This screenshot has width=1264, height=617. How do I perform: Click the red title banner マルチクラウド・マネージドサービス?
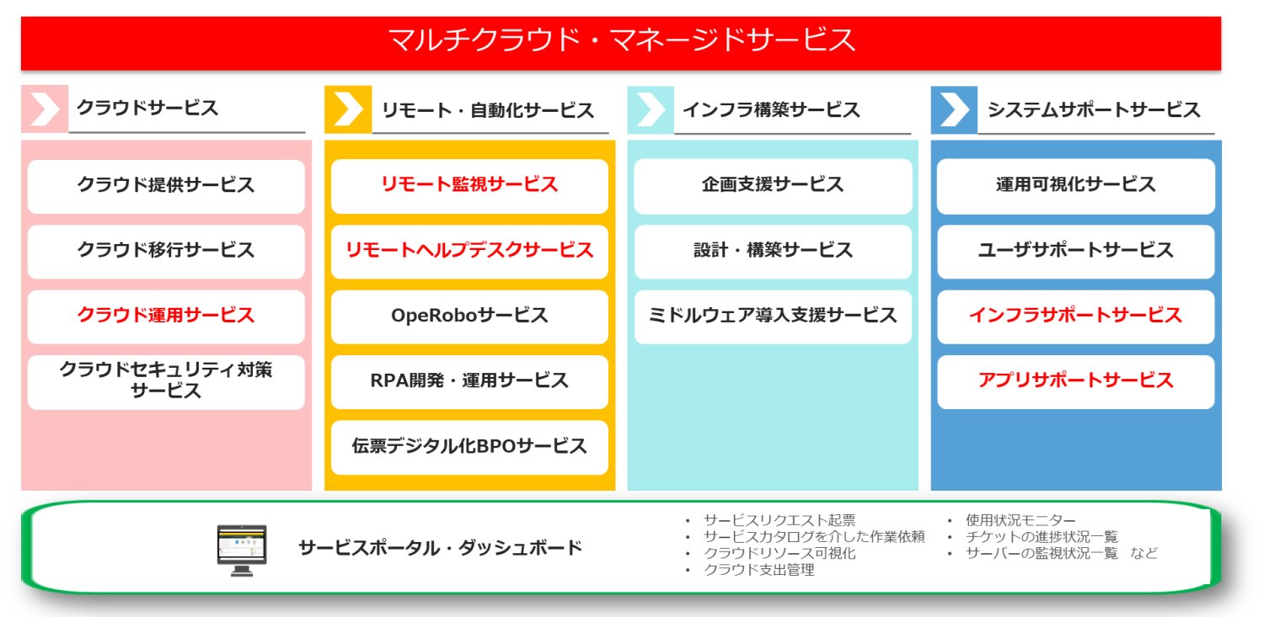point(621,43)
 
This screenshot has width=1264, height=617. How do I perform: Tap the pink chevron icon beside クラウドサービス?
point(45,109)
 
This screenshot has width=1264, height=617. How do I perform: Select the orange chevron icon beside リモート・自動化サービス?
point(348,109)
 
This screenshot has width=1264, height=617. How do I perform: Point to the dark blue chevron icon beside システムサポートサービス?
point(954,109)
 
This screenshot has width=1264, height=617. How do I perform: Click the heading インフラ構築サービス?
point(771,110)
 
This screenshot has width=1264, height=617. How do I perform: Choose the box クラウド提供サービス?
point(166,186)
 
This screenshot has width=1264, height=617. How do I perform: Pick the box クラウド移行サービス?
point(166,252)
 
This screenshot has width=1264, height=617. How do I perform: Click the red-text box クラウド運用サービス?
point(166,316)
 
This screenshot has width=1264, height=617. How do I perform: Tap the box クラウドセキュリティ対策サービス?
point(166,381)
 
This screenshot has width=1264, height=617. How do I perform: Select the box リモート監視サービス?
point(469,186)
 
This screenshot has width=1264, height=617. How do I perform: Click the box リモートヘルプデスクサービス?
point(469,252)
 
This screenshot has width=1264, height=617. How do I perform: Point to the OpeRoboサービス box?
point(469,316)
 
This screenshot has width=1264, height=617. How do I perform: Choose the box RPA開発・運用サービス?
point(469,381)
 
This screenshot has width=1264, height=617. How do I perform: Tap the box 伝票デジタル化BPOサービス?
point(469,447)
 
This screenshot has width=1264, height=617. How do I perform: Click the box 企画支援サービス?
point(773,186)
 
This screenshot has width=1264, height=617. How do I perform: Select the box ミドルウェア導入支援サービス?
point(773,316)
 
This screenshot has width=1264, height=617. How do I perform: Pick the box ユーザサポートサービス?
point(1076,252)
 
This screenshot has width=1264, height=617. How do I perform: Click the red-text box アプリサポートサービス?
point(1076,381)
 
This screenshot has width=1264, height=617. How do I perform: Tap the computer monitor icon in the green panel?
point(242,551)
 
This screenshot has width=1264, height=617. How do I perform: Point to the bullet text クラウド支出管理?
point(759,570)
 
